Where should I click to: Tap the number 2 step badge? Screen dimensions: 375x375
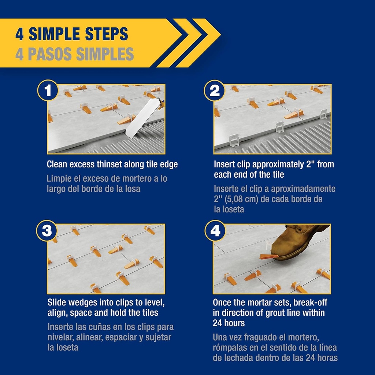click(215, 90)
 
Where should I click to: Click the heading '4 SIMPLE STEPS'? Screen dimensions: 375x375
click(71, 34)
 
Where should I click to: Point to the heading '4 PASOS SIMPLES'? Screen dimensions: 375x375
click(74, 54)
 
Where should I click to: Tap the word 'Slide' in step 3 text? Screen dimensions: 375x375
click(57, 303)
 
